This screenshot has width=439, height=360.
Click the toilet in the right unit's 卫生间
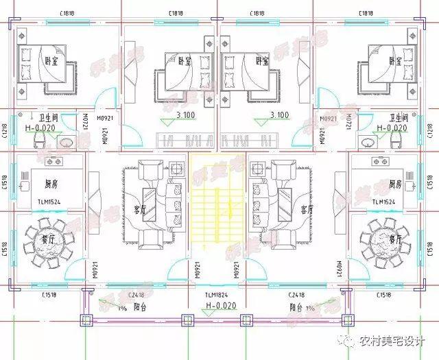pos(394,141)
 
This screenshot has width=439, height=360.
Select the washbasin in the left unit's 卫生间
pos(66,143)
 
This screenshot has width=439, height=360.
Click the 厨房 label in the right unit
pos(393,184)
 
